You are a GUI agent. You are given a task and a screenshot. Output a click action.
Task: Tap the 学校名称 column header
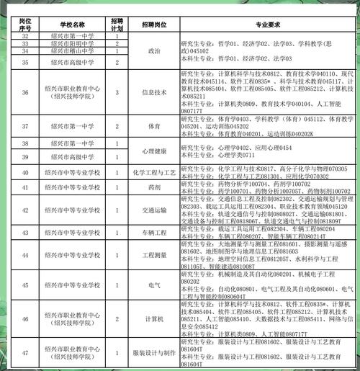[x=73, y=24]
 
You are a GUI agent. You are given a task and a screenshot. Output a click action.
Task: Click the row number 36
[x=26, y=93]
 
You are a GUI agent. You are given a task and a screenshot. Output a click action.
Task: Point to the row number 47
[x=26, y=352]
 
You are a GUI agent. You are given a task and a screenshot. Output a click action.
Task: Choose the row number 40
[x=26, y=173]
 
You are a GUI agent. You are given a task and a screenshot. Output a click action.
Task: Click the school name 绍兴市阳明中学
[x=73, y=43]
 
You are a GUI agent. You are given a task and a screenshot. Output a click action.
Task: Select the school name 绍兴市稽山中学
[x=73, y=51]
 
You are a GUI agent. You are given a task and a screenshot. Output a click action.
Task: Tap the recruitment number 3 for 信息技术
[x=117, y=93]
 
